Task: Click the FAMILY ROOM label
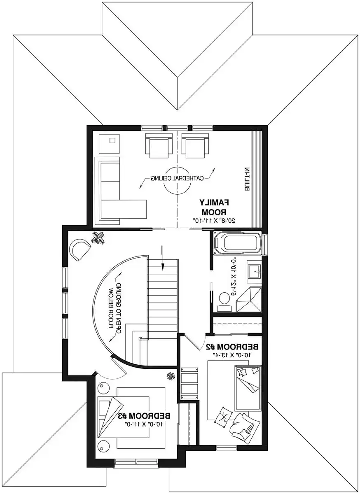(x=214, y=207)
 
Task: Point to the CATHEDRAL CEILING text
(x=178, y=178)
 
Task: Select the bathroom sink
(x=254, y=270)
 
